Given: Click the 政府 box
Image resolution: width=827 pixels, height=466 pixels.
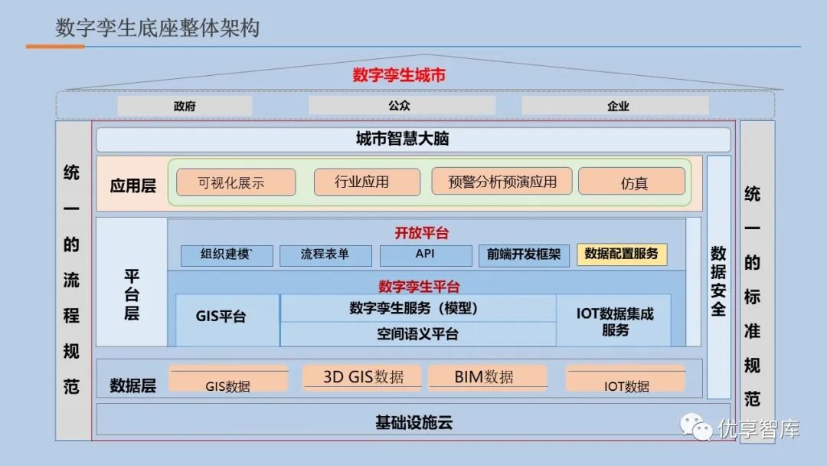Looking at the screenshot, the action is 185,106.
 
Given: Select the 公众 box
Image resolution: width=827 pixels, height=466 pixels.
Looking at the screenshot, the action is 401,106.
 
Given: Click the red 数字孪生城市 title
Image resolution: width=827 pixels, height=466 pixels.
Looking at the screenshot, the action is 399,75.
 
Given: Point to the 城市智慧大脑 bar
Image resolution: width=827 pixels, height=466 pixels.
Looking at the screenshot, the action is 413,139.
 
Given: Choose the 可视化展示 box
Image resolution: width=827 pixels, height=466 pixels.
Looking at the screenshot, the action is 236,182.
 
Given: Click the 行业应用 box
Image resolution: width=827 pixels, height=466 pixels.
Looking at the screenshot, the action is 367,182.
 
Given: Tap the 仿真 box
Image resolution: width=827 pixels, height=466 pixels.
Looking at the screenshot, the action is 632,182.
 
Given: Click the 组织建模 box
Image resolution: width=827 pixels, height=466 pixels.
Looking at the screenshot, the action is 227,255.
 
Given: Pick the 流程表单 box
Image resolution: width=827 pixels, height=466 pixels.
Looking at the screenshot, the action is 325,255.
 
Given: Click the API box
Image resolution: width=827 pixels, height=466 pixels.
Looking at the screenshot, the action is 426,255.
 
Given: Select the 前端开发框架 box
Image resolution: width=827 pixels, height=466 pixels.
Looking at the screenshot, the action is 524,255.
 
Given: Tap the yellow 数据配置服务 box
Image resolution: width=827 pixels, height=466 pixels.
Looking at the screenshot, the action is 622,254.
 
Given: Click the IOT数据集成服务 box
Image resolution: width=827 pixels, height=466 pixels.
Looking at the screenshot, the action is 614,320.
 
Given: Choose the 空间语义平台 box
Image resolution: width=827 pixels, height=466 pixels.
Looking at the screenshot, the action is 418,333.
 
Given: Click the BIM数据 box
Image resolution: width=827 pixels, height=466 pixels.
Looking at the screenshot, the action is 487,376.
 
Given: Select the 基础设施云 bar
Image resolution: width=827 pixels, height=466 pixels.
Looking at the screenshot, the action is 413,422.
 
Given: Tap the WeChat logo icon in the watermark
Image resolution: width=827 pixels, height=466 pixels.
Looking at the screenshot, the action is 696,427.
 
